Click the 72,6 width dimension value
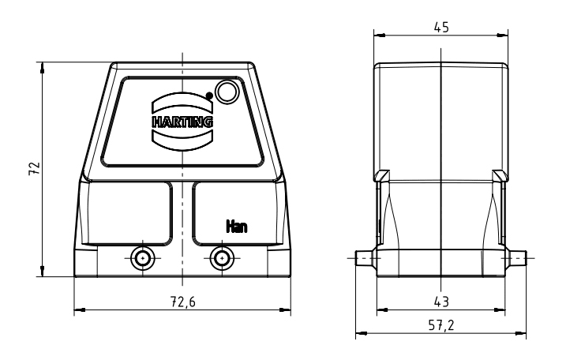[182, 302]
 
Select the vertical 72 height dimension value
[35, 168]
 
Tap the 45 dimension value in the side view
[441, 28]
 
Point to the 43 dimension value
[441, 302]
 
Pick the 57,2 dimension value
[441, 325]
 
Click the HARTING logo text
[182, 122]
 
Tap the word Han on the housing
[237, 226]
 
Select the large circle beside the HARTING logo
[227, 92]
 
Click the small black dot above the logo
[209, 96]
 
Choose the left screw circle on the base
[143, 258]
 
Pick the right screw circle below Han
[222, 258]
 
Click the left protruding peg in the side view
[366, 258]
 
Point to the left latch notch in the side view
[381, 176]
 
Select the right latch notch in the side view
[500, 176]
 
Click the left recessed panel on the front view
[129, 213]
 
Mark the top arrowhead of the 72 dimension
[43, 67]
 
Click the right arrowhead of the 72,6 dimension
[285, 309]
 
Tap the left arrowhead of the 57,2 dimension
[362, 333]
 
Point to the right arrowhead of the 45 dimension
[502, 36]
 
